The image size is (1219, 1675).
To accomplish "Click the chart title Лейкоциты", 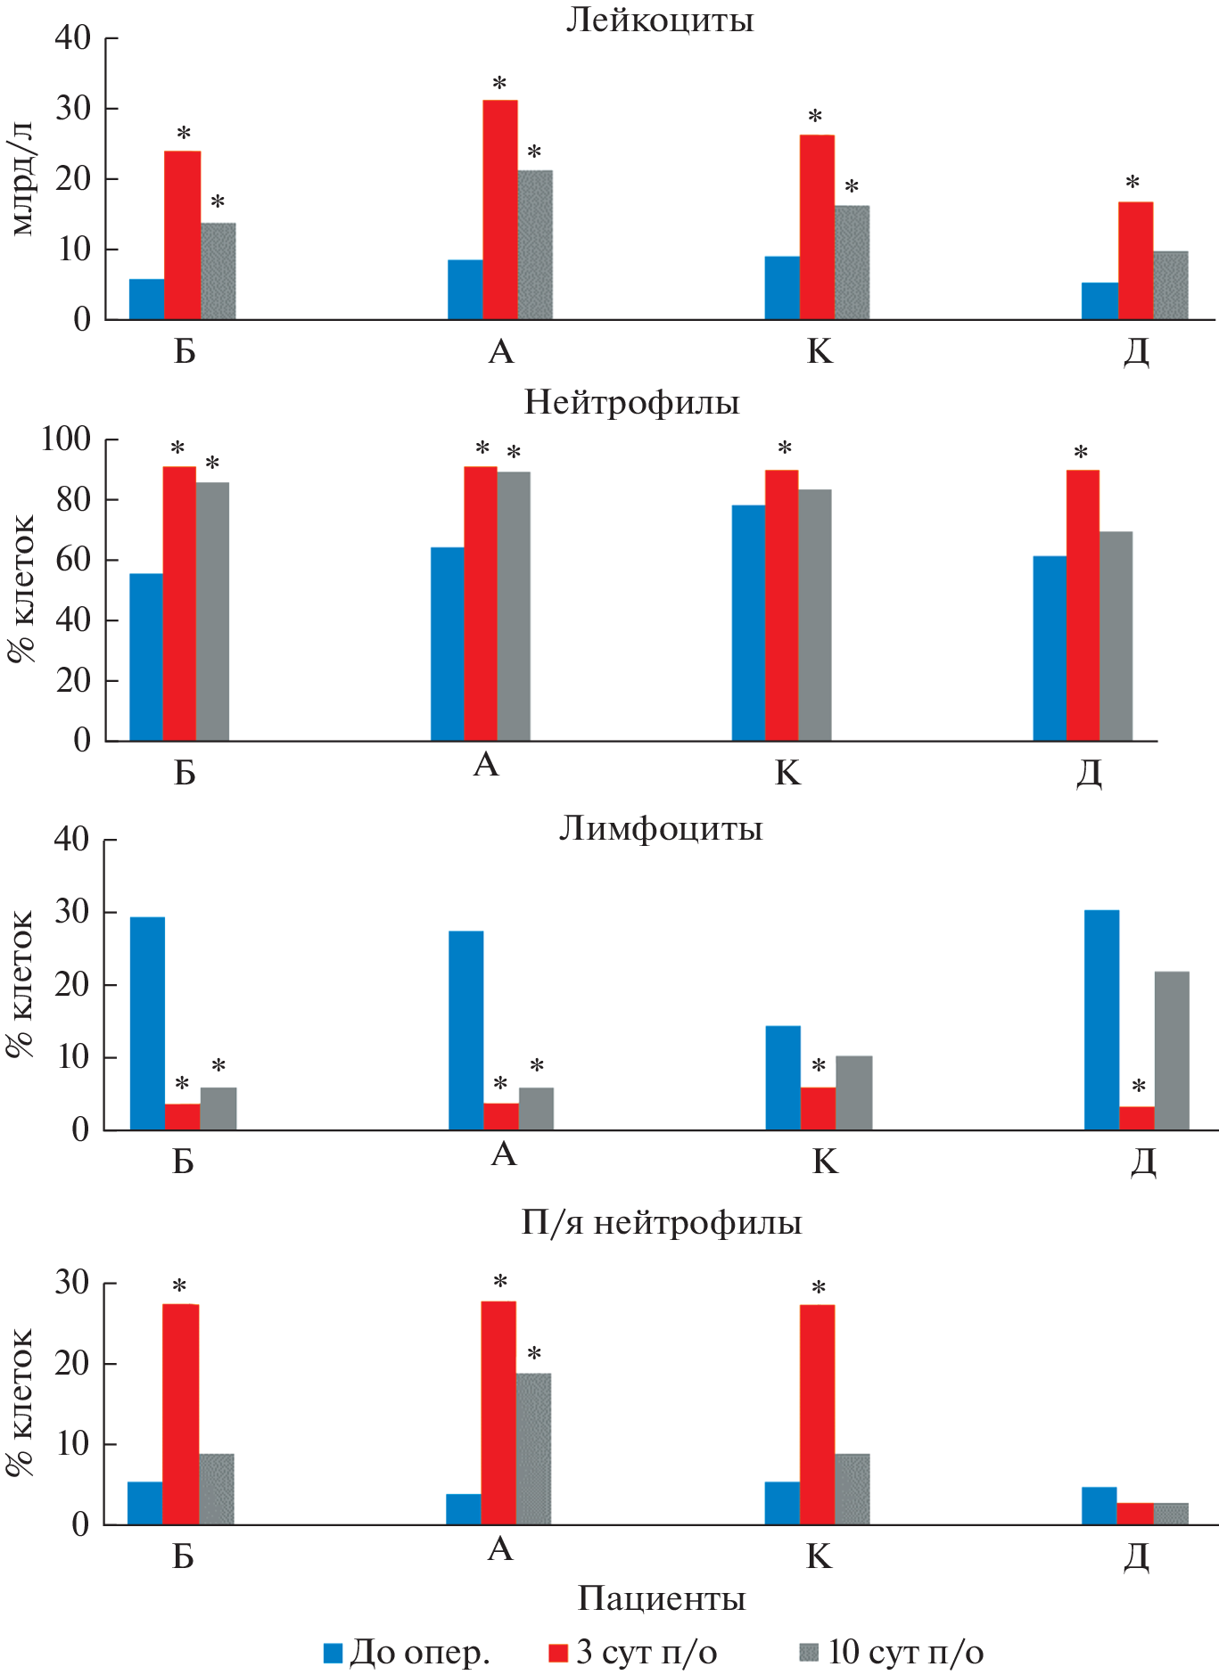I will click(x=659, y=20).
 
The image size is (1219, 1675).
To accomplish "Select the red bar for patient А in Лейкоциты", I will click(x=500, y=209).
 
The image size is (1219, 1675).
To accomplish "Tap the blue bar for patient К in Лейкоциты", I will click(x=782, y=288).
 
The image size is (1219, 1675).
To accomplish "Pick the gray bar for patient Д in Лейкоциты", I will click(x=1170, y=285).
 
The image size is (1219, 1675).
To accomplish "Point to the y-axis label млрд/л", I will click(x=22, y=177).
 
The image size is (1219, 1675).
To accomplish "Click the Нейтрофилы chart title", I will click(x=631, y=403).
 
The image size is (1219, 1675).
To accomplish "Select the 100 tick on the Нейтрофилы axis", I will click(x=66, y=439).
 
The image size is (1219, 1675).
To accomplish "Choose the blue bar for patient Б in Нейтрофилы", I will click(x=146, y=657).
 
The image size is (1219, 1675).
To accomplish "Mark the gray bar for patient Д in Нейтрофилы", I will click(x=1116, y=636).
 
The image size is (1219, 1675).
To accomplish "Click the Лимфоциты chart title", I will click(x=660, y=829).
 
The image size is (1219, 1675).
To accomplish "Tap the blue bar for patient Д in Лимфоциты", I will click(x=1101, y=1020).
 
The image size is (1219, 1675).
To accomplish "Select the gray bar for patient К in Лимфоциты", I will click(x=853, y=1093).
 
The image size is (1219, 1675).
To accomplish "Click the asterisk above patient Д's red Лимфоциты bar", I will click(x=1138, y=1087).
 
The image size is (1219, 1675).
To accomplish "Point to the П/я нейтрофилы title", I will click(x=661, y=1222).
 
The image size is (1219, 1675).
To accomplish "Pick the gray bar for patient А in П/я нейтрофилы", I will click(x=533, y=1449).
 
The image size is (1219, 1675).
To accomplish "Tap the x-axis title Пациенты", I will click(x=661, y=1598).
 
